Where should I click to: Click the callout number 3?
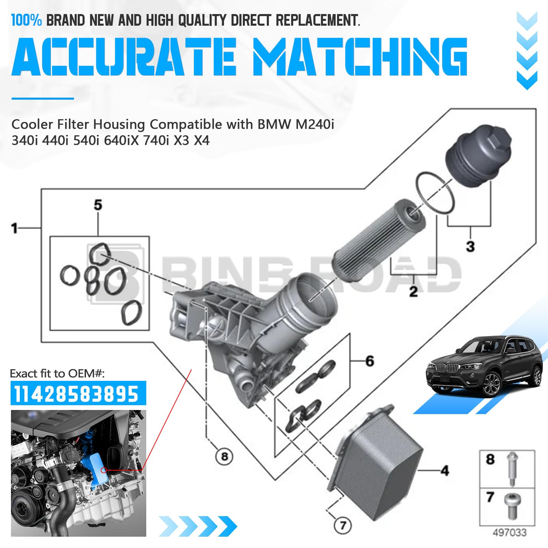tap(470, 246)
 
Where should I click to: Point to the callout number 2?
tap(413, 291)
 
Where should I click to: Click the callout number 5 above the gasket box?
tap(98, 205)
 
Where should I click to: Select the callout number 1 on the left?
tap(14, 228)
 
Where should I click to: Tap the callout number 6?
tap(370, 361)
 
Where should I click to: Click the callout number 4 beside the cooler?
tap(445, 471)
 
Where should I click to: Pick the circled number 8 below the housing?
tap(224, 457)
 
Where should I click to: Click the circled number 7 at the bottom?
tap(343, 525)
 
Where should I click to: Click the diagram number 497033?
tap(509, 533)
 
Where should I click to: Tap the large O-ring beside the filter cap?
tap(435, 193)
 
